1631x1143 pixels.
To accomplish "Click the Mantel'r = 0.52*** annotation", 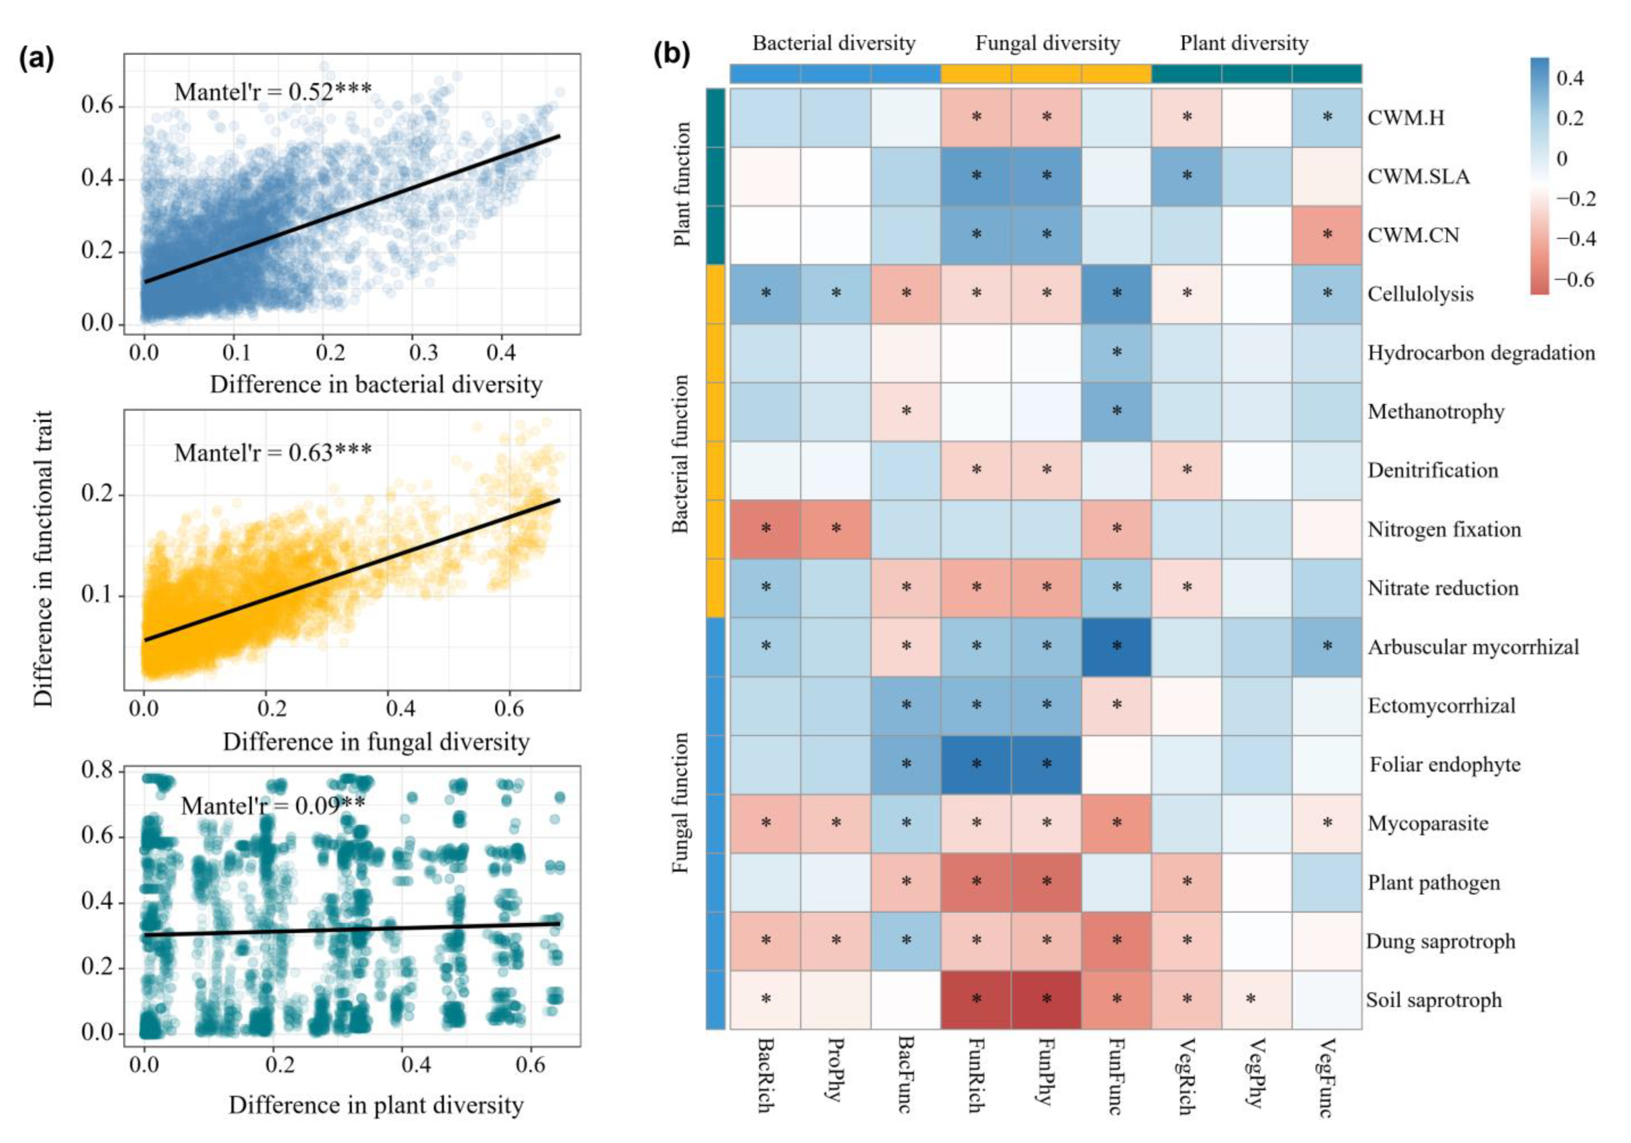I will tap(273, 91).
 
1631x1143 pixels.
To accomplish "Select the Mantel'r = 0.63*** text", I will tap(273, 452).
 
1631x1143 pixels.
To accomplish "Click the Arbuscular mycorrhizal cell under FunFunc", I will tap(1116, 646).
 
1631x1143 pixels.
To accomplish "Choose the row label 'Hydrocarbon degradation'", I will tap(1481, 353).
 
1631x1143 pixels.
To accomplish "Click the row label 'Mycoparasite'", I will tap(1428, 823).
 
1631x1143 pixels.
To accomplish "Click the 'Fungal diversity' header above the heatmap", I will tap(1047, 43).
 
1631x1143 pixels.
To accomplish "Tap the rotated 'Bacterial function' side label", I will tap(681, 454).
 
